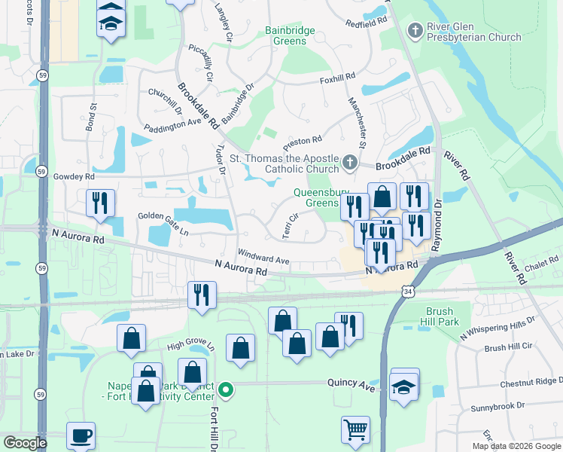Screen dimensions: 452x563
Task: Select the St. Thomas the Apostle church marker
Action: pos(349,163)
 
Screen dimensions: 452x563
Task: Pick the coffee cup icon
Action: pos(81,435)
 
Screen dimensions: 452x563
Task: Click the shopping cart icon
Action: pos(355,430)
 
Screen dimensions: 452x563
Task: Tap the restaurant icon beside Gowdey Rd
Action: pos(100,203)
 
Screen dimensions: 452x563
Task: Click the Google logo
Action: pos(25,443)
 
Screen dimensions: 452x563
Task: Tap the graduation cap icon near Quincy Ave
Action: pos(405,386)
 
